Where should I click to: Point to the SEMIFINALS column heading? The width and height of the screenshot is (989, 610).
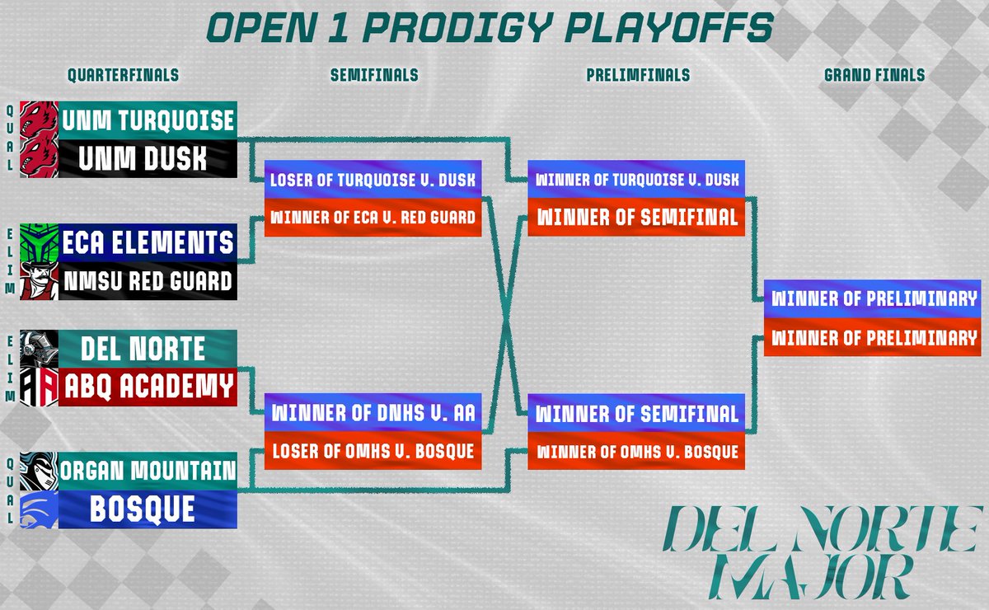coord(374,75)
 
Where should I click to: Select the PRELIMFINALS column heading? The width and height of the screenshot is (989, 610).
coord(638,75)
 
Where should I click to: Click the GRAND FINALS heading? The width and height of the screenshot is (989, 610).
coord(874,75)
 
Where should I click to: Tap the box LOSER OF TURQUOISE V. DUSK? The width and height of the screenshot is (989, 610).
coord(373,179)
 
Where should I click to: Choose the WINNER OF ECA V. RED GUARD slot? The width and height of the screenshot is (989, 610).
coord(373,218)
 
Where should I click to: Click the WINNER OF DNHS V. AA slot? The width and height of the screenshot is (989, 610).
coord(373,412)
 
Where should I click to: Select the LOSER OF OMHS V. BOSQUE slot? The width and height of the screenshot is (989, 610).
coord(373,451)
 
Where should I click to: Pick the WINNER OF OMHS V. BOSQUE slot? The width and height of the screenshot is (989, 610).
coord(637,451)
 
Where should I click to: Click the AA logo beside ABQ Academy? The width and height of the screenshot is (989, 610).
coord(39,387)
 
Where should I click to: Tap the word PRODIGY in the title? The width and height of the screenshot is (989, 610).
coord(464,28)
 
